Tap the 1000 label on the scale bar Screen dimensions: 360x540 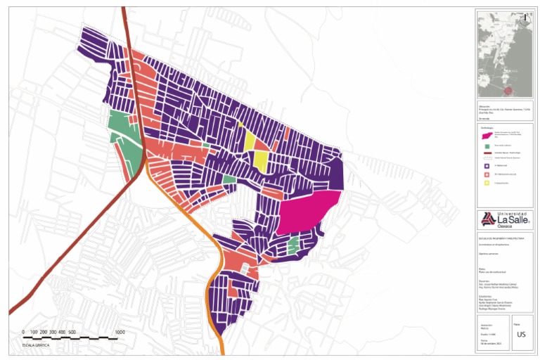[x=120, y=332]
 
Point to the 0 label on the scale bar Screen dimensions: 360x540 [x=23, y=332]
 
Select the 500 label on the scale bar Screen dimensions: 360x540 [x=72, y=332]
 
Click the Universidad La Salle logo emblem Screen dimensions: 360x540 [x=487, y=219]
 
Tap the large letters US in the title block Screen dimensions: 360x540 [x=521, y=335]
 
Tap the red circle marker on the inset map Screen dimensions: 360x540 [x=508, y=91]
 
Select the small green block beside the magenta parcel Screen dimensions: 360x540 [x=293, y=245]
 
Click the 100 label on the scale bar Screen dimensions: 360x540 [x=34, y=332]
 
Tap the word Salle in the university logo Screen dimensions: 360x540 [x=517, y=219]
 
